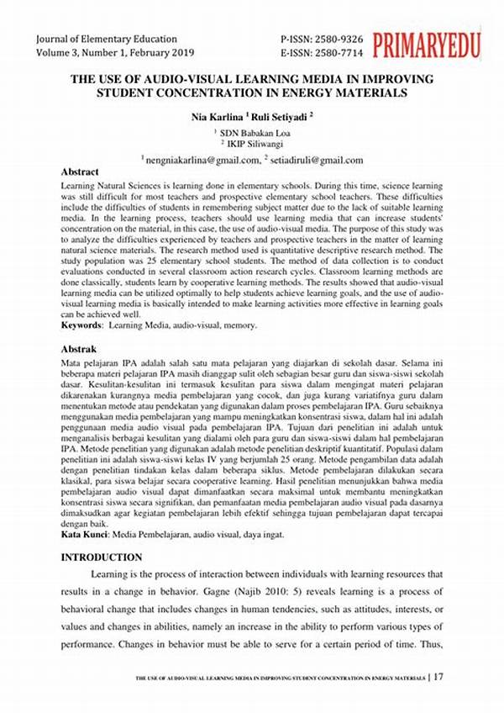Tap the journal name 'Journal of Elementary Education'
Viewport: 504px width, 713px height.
tap(107, 39)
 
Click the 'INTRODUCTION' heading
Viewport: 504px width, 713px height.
tap(102, 557)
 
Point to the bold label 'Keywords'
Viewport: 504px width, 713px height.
tap(86, 325)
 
